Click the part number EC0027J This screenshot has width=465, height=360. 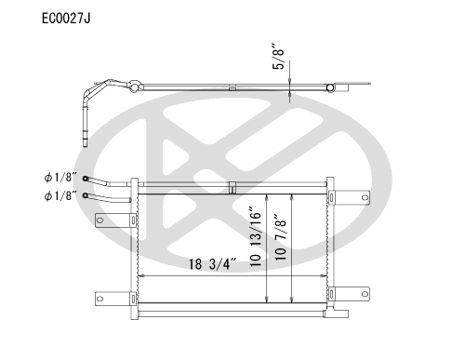[66, 19]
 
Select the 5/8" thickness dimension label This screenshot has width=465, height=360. [278, 56]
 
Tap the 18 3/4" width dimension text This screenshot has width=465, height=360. [213, 264]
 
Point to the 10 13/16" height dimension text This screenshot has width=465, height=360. [256, 237]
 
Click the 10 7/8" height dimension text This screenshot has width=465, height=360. [280, 236]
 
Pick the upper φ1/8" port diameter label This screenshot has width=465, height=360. [60, 178]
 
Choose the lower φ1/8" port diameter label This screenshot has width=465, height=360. [60, 196]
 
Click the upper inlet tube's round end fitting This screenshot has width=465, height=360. [86, 179]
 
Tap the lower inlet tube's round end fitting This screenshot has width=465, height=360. [86, 195]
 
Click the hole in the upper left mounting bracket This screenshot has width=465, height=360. [100, 220]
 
